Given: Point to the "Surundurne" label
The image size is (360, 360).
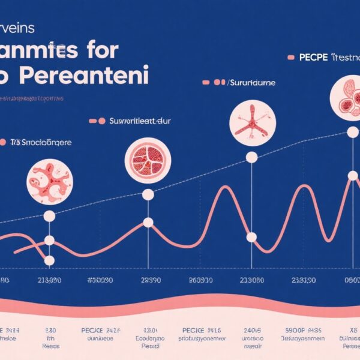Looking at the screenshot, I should click(x=252, y=82).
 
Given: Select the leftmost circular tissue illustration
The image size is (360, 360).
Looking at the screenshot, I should click(x=49, y=181).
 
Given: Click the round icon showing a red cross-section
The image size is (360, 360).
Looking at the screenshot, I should click(x=148, y=159).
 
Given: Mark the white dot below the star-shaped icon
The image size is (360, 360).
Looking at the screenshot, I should click(x=251, y=157).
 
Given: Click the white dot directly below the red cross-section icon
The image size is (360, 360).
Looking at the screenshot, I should click(x=148, y=194).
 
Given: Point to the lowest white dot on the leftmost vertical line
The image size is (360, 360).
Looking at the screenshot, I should click(x=49, y=260).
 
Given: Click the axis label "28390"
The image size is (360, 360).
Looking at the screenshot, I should click(x=150, y=280).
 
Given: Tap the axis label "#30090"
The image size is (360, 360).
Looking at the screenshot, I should click(x=100, y=280).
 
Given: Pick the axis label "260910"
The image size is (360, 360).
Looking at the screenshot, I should click(x=200, y=280).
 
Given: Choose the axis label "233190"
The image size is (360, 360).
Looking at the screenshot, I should click(x=304, y=280).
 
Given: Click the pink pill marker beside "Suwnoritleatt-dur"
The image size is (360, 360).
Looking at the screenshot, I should click(x=97, y=121).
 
